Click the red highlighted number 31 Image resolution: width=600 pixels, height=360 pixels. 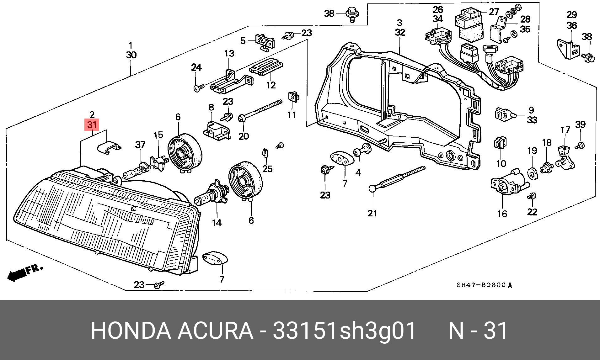tap(92, 125)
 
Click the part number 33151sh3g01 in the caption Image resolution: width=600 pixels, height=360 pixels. tap(344, 331)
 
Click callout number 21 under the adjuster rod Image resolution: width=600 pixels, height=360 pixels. tap(372, 213)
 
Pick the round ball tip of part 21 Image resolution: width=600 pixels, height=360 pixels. tap(372, 188)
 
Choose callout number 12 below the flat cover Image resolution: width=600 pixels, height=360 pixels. tap(271, 85)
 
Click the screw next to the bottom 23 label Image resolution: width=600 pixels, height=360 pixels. tap(159, 285)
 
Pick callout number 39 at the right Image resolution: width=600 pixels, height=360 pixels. tap(580, 124)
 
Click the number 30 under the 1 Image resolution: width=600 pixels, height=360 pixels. tap(131, 55)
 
